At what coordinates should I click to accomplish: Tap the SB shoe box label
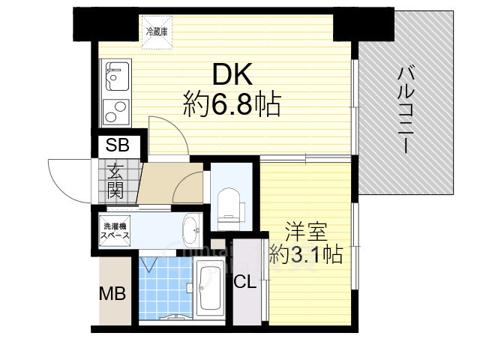116,145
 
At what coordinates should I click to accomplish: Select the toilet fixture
227,205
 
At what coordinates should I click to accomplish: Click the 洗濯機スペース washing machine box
116,229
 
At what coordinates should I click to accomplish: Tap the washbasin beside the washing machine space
190,228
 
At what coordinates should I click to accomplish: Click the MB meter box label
113,293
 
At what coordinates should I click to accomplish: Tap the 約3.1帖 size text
306,256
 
